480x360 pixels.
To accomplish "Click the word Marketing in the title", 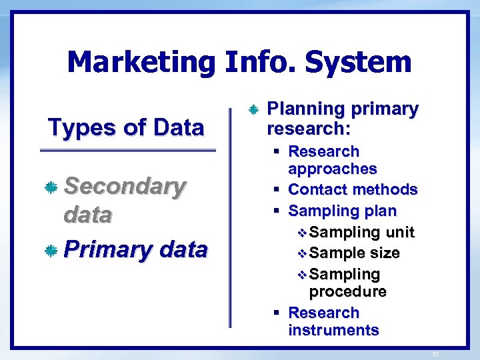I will click(x=141, y=63).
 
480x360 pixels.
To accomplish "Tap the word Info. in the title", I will click(x=259, y=63).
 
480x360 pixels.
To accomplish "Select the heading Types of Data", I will click(x=125, y=127).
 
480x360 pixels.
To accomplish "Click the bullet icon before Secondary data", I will click(x=50, y=189).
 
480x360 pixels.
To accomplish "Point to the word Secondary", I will click(x=124, y=187).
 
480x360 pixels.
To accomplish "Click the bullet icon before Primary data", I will click(x=50, y=251).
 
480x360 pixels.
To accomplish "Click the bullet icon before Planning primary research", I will click(x=253, y=109).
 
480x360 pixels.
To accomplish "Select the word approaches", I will click(x=332, y=169).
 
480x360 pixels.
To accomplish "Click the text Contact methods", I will click(x=353, y=190).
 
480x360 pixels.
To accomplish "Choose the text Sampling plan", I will click(x=342, y=211).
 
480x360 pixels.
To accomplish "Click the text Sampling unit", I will click(x=362, y=233).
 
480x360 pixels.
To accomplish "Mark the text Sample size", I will click(x=355, y=253).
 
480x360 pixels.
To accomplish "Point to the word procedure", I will click(x=347, y=292).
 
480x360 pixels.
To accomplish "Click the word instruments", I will click(x=333, y=330).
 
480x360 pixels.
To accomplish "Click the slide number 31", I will click(x=435, y=354).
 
